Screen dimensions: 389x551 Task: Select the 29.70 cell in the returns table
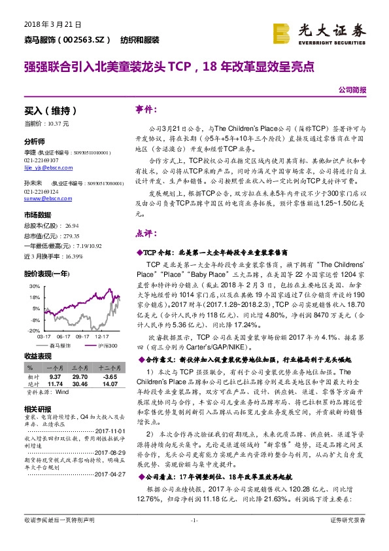click(x=80, y=377)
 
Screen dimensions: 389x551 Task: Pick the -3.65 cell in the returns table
click(x=109, y=377)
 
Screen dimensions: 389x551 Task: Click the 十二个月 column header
click(x=109, y=369)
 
